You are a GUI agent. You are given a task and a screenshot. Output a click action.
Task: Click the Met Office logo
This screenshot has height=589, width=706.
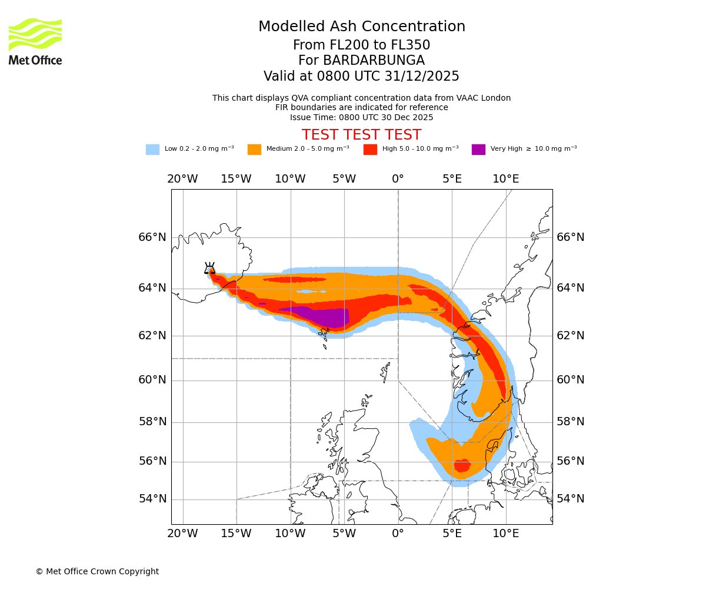[35, 41]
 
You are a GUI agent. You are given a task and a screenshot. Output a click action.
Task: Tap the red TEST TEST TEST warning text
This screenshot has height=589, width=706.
[361, 135]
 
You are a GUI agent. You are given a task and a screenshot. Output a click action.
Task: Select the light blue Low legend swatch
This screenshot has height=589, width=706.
[152, 149]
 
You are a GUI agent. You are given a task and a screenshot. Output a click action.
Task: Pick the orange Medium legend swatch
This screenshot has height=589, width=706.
[254, 149]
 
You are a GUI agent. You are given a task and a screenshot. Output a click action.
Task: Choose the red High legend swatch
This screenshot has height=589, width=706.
[370, 149]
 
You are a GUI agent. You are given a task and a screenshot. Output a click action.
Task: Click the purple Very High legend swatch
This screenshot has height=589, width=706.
[478, 149]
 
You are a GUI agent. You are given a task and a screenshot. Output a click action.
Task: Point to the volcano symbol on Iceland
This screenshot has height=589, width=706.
[209, 269]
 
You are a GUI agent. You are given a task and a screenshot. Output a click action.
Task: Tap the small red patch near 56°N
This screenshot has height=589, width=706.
[462, 465]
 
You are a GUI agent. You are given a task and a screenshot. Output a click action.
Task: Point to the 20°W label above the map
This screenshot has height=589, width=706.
[182, 179]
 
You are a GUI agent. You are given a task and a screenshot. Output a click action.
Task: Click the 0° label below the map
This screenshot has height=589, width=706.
[398, 534]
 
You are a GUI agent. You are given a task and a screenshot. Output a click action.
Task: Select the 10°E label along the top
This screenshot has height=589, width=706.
[505, 179]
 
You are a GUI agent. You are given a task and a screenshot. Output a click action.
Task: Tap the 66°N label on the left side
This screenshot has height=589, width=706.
[152, 237]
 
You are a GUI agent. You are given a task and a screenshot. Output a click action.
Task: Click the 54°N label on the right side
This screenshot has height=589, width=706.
[571, 499]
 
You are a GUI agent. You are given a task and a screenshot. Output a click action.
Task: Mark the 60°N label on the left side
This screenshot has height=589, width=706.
[152, 380]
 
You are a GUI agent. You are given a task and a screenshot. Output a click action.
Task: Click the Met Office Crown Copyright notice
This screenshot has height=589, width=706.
[97, 571]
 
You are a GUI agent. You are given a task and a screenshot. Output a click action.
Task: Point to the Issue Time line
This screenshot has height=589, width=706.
[361, 117]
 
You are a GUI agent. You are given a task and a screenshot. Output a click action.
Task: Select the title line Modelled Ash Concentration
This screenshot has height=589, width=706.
[361, 27]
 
